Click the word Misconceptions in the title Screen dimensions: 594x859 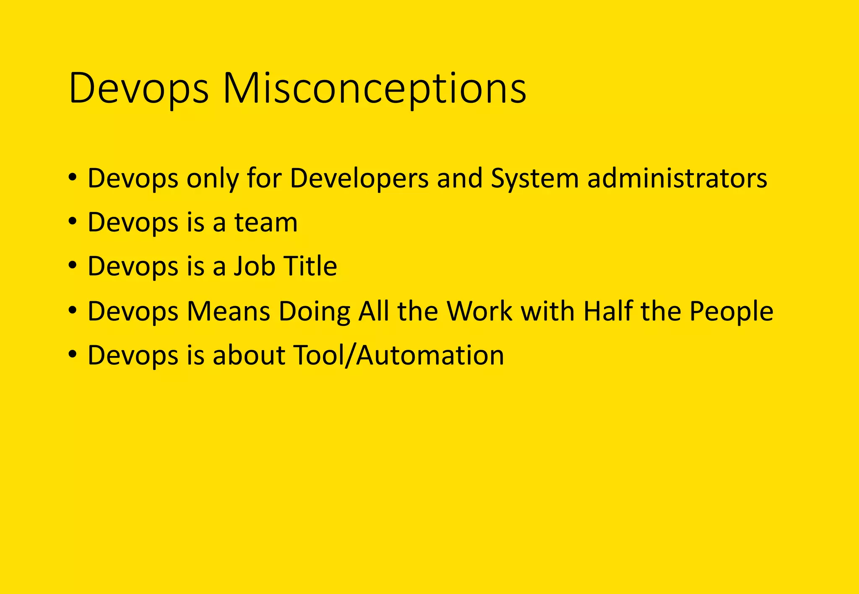click(374, 89)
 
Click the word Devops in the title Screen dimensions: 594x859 click(138, 89)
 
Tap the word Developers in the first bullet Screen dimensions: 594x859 click(359, 178)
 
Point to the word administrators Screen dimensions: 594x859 click(677, 178)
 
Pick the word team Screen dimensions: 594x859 click(266, 222)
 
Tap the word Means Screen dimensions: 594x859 click(228, 311)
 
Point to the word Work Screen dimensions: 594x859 click(479, 311)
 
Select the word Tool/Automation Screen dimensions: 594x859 click(398, 355)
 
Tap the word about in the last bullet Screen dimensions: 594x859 click(249, 355)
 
